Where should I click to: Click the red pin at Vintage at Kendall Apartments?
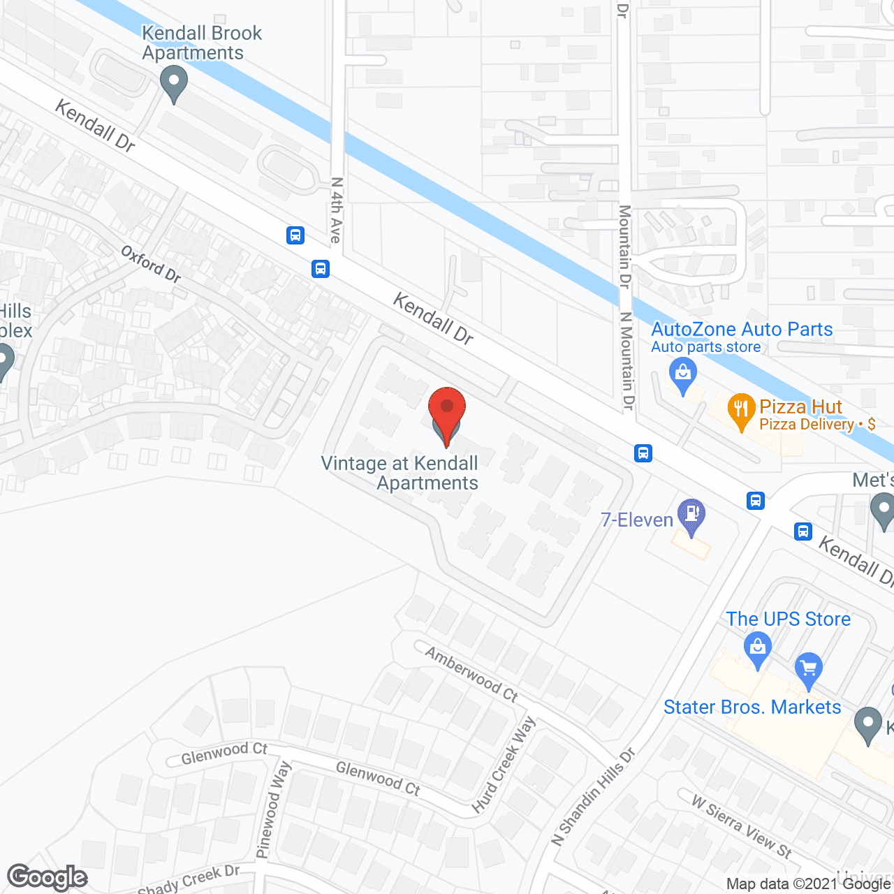click(446, 413)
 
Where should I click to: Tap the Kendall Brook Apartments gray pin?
click(174, 83)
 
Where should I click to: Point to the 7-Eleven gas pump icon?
click(691, 516)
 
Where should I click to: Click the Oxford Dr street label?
click(151, 264)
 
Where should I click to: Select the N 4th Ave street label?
click(336, 210)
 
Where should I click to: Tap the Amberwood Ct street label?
click(471, 674)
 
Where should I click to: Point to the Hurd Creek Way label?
click(504, 765)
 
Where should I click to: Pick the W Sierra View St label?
click(741, 826)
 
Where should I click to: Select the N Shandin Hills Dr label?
click(593, 796)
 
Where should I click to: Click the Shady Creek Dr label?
click(189, 880)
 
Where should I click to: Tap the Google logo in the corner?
click(47, 877)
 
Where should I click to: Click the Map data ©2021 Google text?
click(808, 884)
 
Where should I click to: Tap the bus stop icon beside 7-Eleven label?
click(643, 453)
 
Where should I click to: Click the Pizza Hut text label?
click(801, 406)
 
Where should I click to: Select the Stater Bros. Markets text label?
click(752, 707)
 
